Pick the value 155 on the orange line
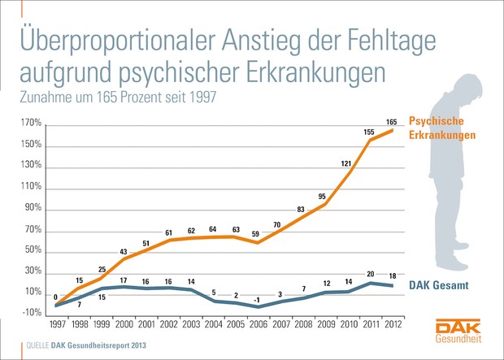point(368,132)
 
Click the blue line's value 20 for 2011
point(371,274)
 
